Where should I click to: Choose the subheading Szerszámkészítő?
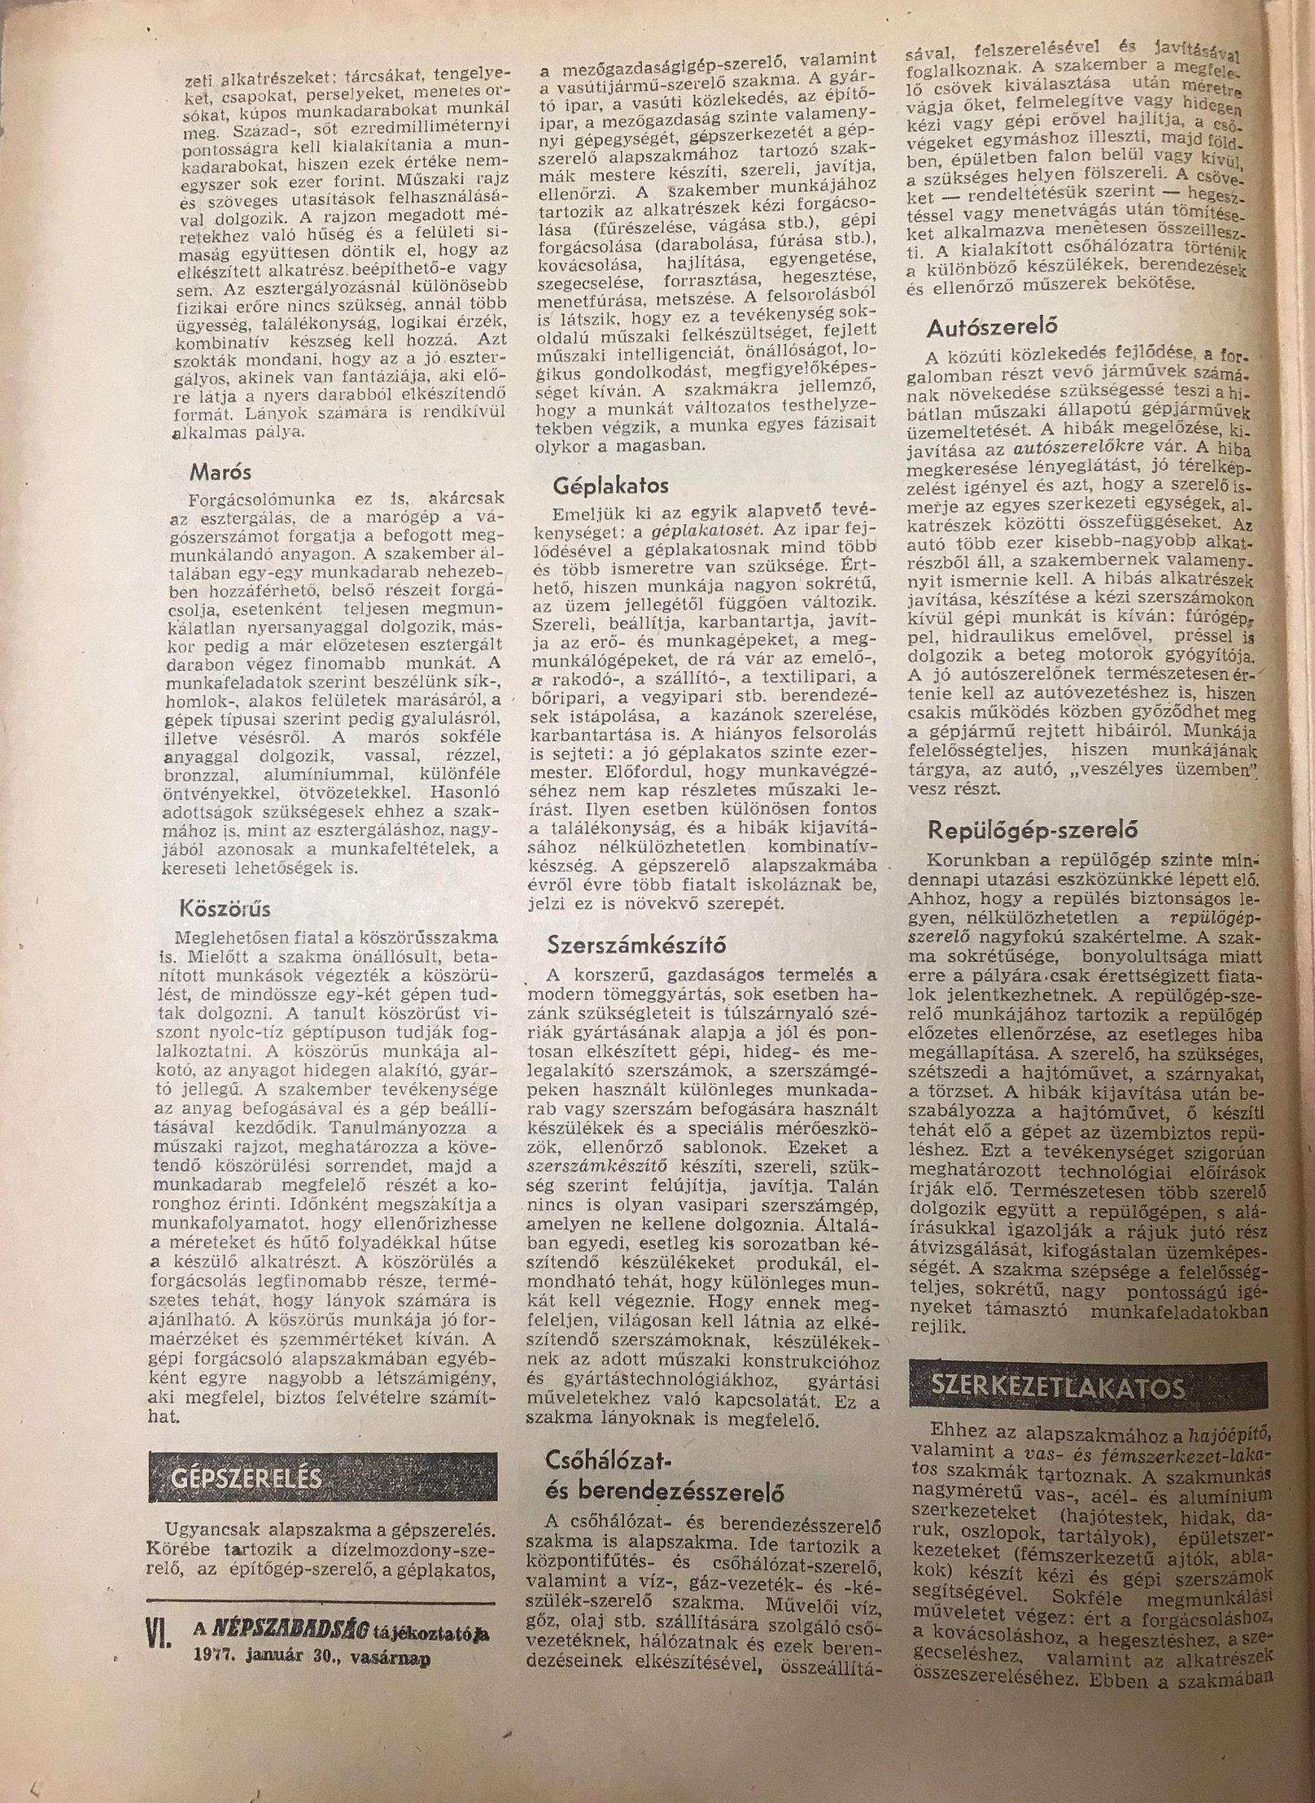(636, 946)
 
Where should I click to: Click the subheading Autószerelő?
(992, 327)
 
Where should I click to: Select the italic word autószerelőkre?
(1064, 447)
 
